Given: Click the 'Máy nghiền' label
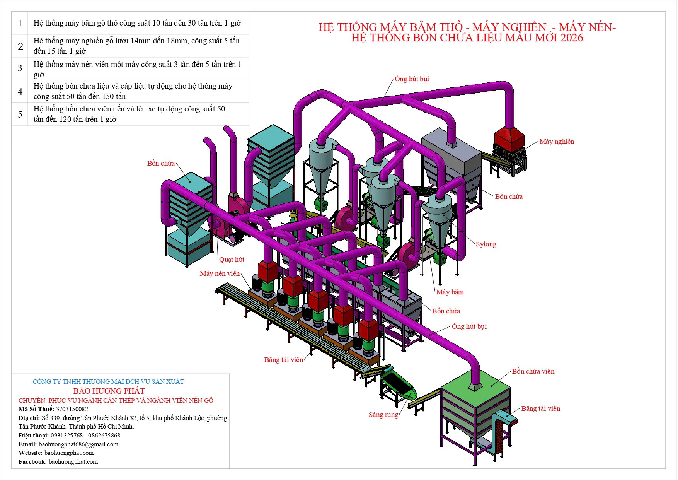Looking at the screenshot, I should coord(557,142).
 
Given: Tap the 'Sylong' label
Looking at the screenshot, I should coord(486,244).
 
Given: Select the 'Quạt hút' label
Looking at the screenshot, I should coord(232,260).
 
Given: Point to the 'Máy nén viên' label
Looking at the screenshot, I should coord(220,273).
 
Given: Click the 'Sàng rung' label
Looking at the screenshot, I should coord(383,415).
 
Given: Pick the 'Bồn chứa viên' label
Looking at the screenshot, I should coord(533,371).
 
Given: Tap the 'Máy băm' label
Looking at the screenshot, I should coord(450,292).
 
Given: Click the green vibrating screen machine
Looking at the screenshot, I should coord(398,385).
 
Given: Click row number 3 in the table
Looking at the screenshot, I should coord(20,68).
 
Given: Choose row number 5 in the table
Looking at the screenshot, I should coord(20,114).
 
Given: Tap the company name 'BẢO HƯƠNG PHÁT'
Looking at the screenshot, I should coord(109,391).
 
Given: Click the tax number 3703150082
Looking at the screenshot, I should coord(72,409).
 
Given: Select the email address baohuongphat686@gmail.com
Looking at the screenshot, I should coord(78,444).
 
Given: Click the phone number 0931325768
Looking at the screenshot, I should coord(66,435).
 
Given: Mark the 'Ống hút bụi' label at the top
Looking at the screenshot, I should coord(412,79).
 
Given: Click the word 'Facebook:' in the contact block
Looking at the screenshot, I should coord(32,461).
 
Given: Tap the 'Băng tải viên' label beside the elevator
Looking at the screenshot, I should coord(540,408).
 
